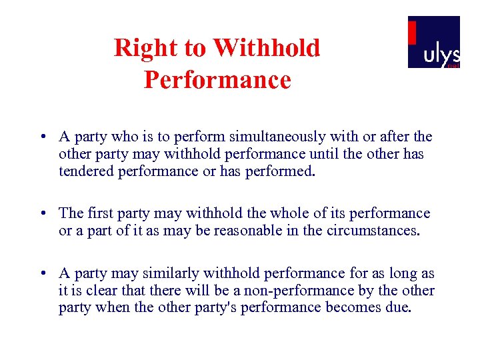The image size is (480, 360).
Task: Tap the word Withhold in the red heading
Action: coord(267,48)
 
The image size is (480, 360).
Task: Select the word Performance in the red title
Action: coord(217,80)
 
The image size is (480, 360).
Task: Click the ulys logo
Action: coord(434,42)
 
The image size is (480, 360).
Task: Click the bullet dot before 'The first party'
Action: coord(43,213)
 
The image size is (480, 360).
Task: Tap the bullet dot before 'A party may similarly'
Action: coord(43,273)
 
